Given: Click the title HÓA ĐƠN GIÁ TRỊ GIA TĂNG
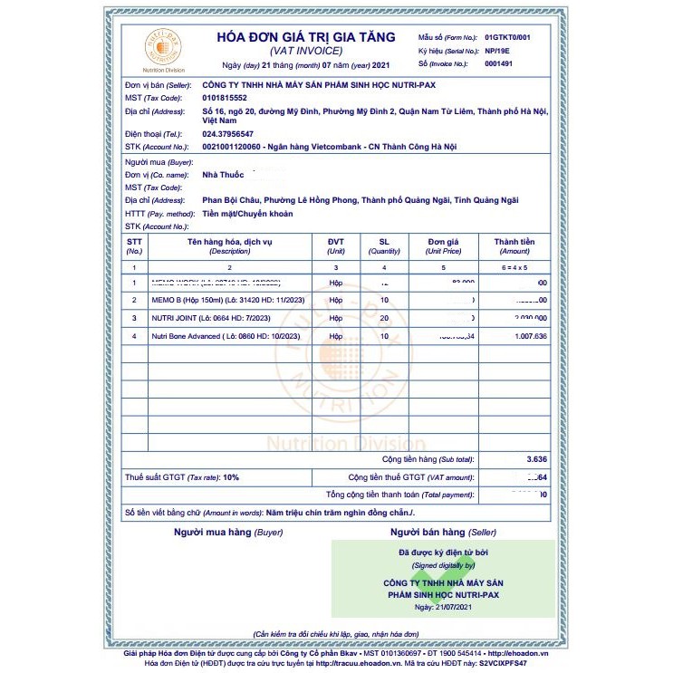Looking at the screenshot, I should coord(305,37).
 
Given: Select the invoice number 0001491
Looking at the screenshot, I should coord(499,64).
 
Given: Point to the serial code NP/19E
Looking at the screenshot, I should coord(498,51).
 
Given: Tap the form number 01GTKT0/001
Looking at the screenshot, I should coord(507,37).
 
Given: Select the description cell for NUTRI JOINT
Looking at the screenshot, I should coord(207,318).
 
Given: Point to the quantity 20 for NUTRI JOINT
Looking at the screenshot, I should coord(383,318).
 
